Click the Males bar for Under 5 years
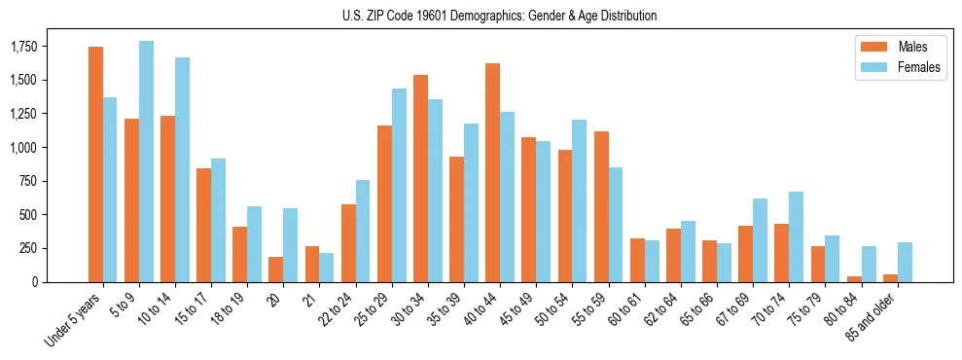95,164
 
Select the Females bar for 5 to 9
146,162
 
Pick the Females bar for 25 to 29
399,185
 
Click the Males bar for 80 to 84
854,278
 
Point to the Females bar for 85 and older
905,262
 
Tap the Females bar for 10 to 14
182,169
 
